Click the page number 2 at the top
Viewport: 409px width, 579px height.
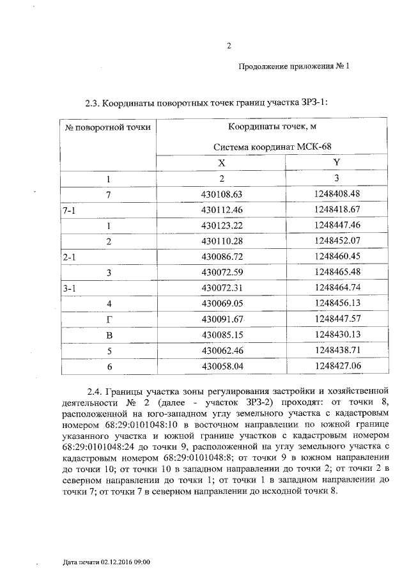coord(228,45)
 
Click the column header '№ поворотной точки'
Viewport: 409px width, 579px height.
coord(108,127)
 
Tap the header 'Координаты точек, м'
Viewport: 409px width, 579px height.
coord(272,127)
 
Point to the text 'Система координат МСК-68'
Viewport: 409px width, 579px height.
coord(272,147)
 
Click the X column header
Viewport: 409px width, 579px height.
coord(222,163)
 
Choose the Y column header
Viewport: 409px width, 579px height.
coord(336,163)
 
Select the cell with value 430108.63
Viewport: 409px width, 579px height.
coord(222,193)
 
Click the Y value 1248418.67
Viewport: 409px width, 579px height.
coord(337,209)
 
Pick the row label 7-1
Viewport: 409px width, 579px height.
coord(70,209)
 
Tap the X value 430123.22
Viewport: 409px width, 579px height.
coord(222,225)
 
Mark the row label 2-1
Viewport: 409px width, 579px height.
coord(70,257)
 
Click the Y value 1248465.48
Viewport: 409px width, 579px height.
coord(337,272)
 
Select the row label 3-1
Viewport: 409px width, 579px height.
coord(70,288)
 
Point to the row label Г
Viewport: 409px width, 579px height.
coord(109,319)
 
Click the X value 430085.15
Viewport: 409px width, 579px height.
coord(222,335)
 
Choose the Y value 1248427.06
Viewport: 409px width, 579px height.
coord(337,366)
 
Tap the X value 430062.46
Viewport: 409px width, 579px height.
coord(222,351)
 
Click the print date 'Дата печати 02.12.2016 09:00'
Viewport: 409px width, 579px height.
coord(107,562)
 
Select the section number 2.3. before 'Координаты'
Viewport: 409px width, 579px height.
coord(93,102)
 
